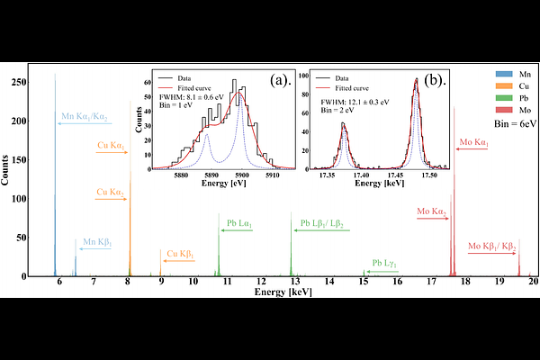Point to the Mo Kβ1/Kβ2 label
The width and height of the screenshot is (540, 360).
(492, 245)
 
